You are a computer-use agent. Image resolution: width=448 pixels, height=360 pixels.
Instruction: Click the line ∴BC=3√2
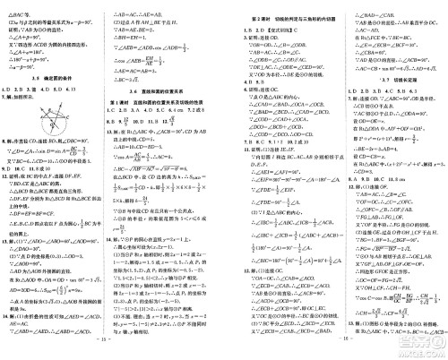click(142, 79)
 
